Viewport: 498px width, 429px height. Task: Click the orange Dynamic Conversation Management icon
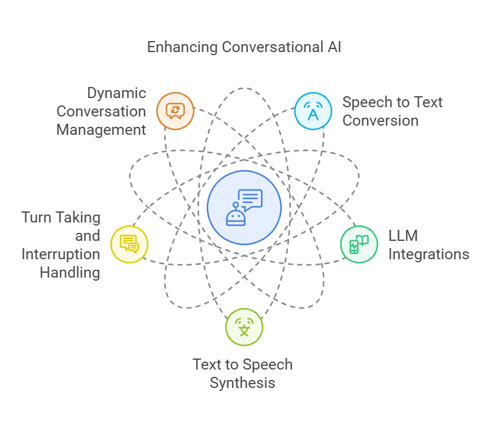click(175, 111)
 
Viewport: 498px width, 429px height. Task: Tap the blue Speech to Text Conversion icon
click(312, 111)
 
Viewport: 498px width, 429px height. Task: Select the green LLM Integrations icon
click(358, 245)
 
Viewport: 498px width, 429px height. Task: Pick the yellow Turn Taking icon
click(129, 244)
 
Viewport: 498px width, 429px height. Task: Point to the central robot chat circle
click(244, 207)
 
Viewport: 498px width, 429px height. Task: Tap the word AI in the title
click(333, 47)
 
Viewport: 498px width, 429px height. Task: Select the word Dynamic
click(117, 93)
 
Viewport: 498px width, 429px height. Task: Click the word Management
click(101, 129)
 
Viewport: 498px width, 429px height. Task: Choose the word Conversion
click(380, 120)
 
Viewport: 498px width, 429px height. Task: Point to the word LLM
click(403, 236)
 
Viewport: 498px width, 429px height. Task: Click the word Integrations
click(429, 254)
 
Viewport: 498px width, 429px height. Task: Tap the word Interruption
click(61, 254)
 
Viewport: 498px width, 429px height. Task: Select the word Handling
click(70, 272)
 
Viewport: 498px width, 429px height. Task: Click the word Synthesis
click(243, 383)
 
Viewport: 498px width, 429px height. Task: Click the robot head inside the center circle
click(236, 216)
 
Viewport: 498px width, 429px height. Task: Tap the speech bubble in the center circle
click(250, 199)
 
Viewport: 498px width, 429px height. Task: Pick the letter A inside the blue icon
click(312, 114)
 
